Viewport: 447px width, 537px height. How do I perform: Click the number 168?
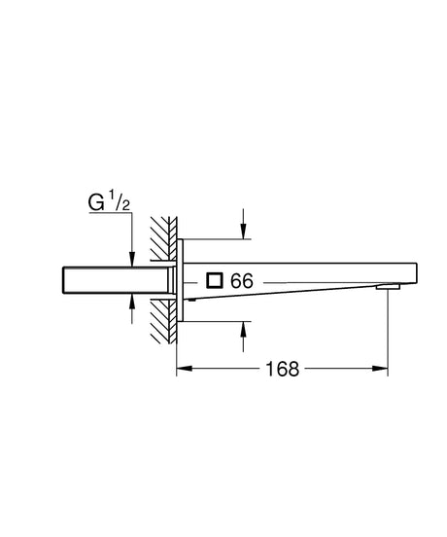click(x=283, y=370)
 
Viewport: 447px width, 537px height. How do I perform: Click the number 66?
click(x=242, y=281)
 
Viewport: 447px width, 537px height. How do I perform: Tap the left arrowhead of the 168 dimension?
click(x=184, y=370)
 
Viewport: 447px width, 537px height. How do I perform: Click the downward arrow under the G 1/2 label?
click(x=131, y=255)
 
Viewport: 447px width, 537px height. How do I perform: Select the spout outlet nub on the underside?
click(x=389, y=287)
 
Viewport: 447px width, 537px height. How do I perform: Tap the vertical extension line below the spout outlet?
click(x=390, y=331)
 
